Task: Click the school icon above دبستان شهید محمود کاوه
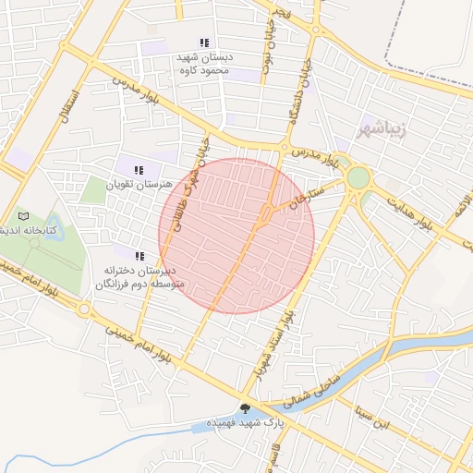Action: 203,42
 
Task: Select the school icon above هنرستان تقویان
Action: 139,170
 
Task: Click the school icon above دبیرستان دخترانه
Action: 139,256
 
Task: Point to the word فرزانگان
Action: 115,285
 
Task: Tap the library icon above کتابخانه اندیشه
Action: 23,215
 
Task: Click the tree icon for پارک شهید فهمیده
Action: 245,408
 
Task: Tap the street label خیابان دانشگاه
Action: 306,92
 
